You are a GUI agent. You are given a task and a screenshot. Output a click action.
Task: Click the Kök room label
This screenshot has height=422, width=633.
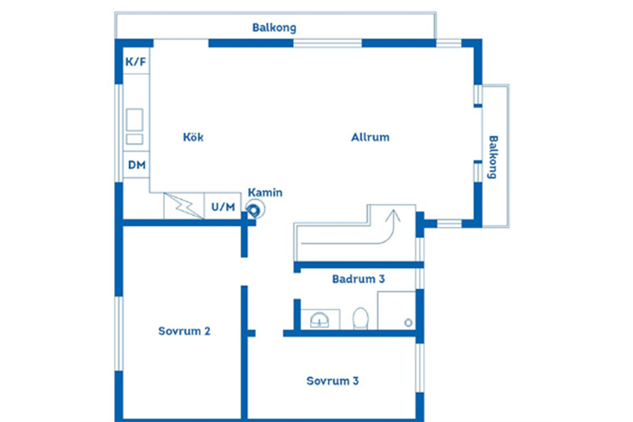click(x=193, y=137)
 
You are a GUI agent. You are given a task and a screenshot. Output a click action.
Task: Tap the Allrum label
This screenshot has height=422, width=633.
click(x=370, y=137)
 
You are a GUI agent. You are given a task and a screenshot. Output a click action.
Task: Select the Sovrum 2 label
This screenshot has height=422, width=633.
click(x=184, y=331)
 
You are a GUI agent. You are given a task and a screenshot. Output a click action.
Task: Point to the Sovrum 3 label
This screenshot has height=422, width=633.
click(x=333, y=381)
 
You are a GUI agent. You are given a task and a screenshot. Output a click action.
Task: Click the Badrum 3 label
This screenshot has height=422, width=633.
click(x=359, y=279)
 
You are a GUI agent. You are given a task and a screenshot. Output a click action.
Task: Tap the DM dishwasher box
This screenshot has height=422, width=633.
click(x=136, y=164)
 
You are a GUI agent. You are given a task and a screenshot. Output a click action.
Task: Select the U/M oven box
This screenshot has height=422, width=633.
click(x=223, y=206)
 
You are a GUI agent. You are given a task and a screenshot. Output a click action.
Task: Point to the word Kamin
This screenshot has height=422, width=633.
click(x=265, y=193)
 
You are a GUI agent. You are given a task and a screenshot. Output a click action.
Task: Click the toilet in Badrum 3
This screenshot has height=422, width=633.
click(x=360, y=318)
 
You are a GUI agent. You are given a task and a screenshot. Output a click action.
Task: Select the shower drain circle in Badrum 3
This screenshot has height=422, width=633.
click(x=408, y=323)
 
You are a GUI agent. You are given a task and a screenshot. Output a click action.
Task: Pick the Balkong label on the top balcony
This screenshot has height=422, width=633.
click(x=274, y=28)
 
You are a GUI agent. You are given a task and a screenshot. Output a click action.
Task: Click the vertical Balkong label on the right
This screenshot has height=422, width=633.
click(x=493, y=157)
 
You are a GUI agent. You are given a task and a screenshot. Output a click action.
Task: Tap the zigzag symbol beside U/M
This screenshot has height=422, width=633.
click(x=184, y=206)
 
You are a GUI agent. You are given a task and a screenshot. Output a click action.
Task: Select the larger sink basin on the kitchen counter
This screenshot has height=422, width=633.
click(x=134, y=119)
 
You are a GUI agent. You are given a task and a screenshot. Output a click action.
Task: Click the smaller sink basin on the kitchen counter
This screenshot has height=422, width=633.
click(x=134, y=139)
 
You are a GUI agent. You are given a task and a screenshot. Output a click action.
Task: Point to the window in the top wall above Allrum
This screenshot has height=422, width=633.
click(x=327, y=43)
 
